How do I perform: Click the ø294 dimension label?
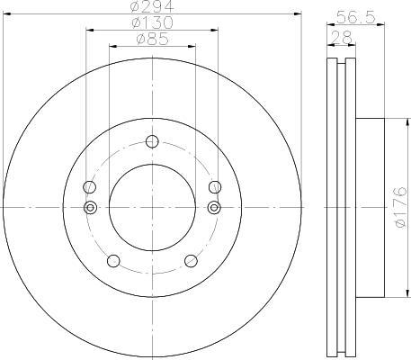152,6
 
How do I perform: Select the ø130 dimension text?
152,22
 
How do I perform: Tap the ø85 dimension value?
152,39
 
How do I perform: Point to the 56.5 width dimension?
355,17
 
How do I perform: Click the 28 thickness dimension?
342,38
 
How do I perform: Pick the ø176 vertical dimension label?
400,207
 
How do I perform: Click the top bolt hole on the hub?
152,141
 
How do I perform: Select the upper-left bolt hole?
89,187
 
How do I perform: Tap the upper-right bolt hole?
215,187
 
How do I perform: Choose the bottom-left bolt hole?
113,261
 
